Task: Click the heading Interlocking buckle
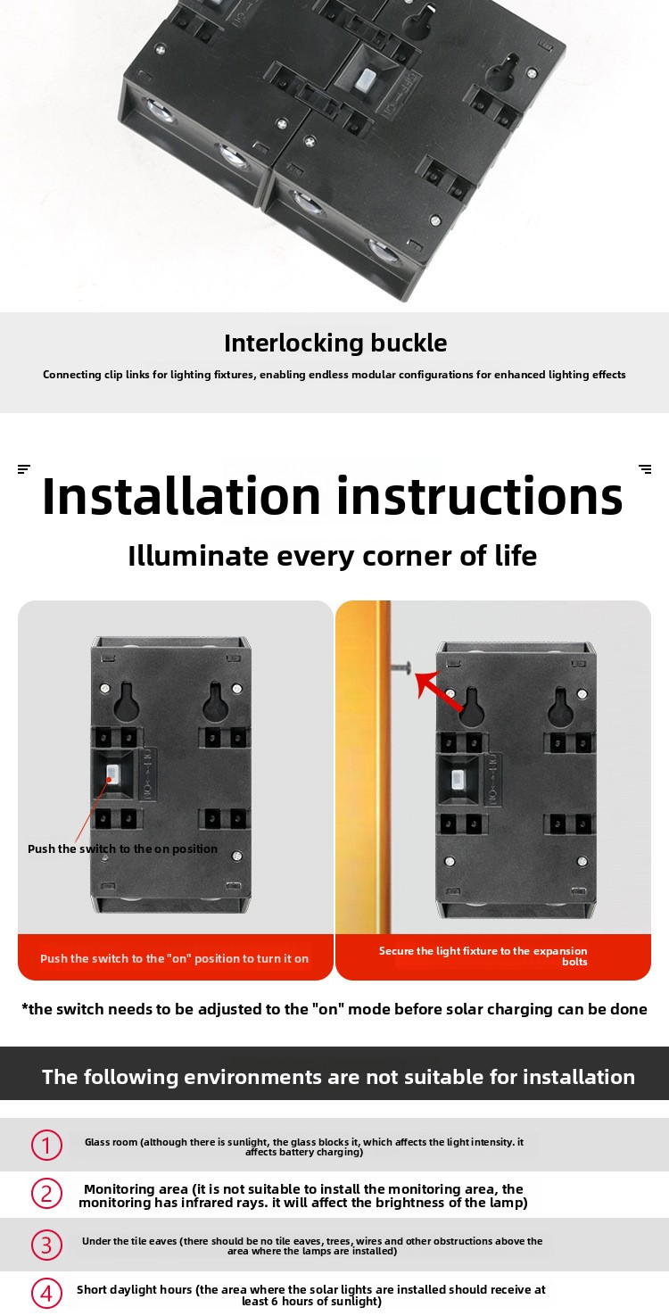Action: point(335,343)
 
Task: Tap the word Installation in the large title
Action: point(181,496)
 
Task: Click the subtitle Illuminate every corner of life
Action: point(333,556)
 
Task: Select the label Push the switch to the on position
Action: point(122,849)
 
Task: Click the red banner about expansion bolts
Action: point(493,956)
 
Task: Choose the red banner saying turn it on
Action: point(176,956)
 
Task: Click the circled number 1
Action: point(46,1145)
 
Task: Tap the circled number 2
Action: point(46,1194)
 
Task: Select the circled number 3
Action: point(46,1245)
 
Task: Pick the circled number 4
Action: point(46,1294)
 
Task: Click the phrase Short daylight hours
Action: point(134,1289)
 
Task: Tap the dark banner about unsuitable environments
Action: point(334,1073)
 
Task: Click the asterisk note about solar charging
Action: point(334,1009)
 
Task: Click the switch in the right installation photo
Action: point(458,779)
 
